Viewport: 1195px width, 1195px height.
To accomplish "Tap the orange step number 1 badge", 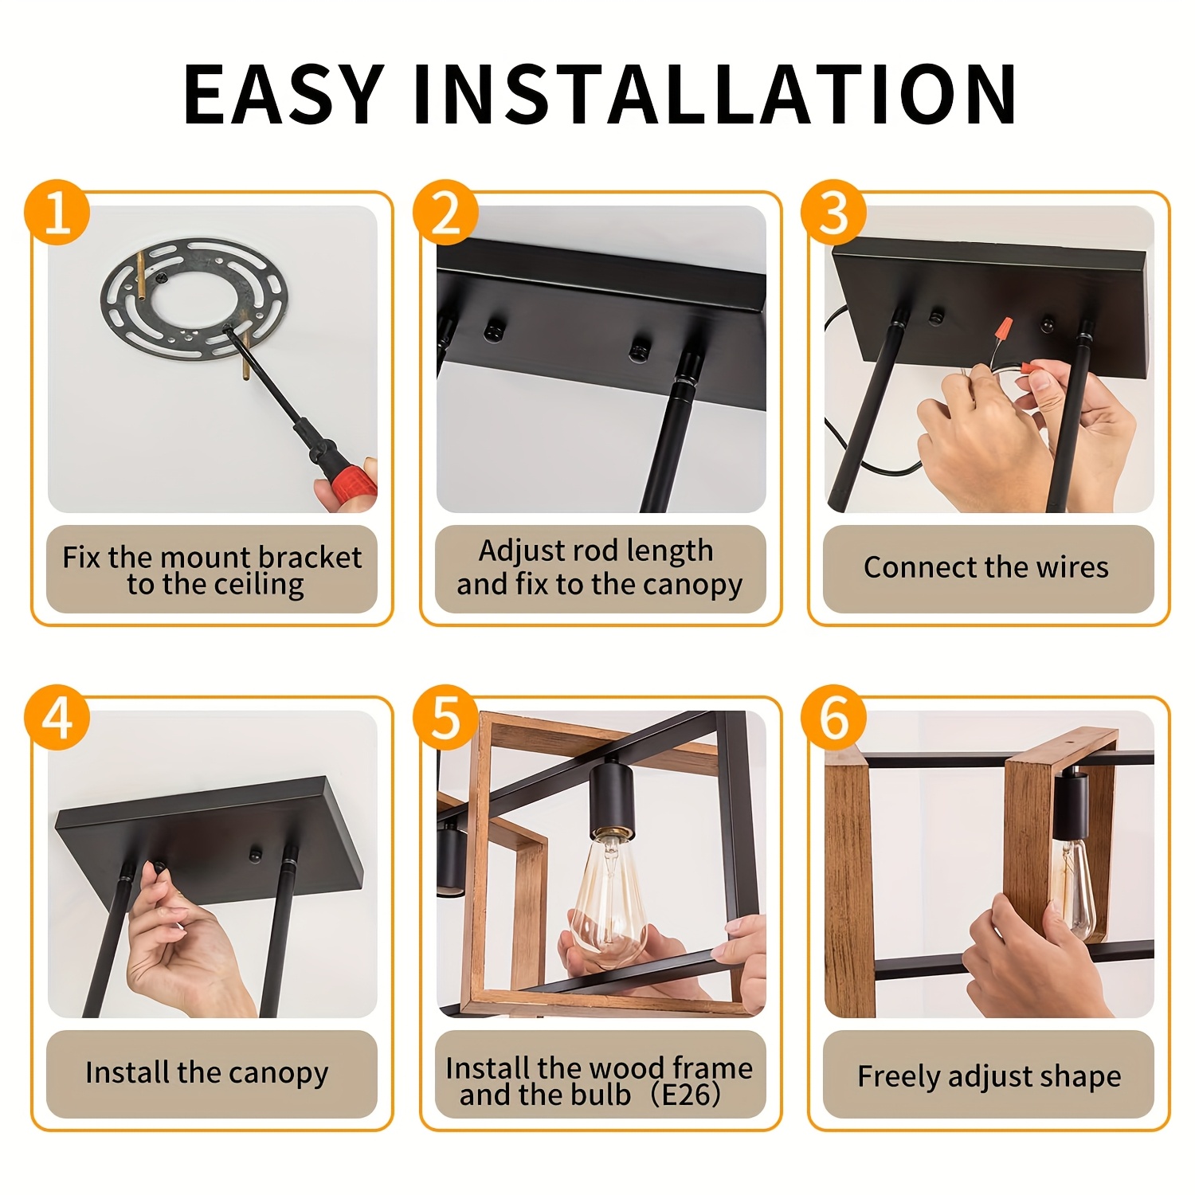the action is (57, 212).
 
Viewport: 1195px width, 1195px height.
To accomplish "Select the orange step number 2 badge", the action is (445, 212).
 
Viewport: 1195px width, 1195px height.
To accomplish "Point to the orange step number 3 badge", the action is (833, 212).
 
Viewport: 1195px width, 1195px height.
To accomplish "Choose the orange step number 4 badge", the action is (57, 717).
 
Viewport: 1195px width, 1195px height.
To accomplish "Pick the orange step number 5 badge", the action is (445, 717).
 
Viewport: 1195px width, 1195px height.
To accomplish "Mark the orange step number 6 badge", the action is (833, 717).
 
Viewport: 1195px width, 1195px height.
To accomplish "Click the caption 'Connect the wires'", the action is (986, 567).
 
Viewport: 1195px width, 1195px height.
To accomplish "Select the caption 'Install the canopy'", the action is (207, 1073).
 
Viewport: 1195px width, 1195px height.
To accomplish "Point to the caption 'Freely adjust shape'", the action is (989, 1076).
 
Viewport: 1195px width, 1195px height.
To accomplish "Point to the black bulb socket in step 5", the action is (611, 797).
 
